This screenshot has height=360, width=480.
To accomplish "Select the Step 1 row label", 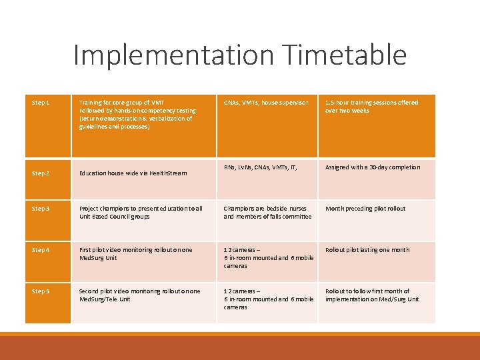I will tap(41, 103).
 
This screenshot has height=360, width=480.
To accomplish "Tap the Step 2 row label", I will tap(41, 173).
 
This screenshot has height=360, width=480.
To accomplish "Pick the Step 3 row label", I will tap(41, 209).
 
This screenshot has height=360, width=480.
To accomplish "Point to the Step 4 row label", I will tap(41, 250).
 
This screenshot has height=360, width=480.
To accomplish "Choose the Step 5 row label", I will tap(41, 291).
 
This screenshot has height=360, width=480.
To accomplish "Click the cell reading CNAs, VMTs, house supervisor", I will tap(266, 103).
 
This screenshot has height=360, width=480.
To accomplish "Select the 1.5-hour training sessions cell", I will tap(371, 107).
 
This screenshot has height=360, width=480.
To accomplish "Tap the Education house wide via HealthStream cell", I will tap(133, 173).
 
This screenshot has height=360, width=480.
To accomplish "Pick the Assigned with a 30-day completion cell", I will tap(373, 167).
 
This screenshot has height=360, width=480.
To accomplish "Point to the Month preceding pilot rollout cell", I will tap(365, 209).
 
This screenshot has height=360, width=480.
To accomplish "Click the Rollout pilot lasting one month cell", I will tap(367, 250).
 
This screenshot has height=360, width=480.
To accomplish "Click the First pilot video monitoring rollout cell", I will tap(135, 254).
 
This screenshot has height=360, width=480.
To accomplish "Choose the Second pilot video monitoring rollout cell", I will tap(139, 295).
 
